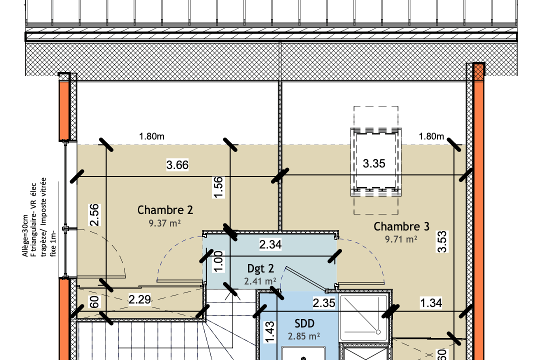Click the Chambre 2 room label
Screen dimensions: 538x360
[165, 209]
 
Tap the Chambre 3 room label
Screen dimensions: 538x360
[401, 226]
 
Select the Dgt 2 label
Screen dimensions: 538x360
[260, 268]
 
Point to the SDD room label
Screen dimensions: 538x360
[304, 323]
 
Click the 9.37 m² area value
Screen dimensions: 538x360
[164, 223]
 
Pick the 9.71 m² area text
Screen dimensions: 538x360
[401, 239]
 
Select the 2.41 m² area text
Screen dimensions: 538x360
[260, 281]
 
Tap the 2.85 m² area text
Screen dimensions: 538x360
[304, 336]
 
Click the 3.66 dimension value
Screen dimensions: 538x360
[177, 165]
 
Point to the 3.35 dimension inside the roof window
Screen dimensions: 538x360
[374, 163]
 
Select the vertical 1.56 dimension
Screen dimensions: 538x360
[218, 187]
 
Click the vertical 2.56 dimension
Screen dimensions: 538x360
[94, 215]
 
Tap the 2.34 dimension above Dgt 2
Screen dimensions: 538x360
[270, 244]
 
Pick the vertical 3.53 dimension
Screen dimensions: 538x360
[442, 241]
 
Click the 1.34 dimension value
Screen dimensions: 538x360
[431, 303]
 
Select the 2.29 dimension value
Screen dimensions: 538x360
[139, 299]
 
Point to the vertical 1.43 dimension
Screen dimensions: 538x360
[269, 332]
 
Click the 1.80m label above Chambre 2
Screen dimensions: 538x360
[151, 136]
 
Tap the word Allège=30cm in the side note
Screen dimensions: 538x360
[25, 236]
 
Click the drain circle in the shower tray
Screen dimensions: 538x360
[378, 332]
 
